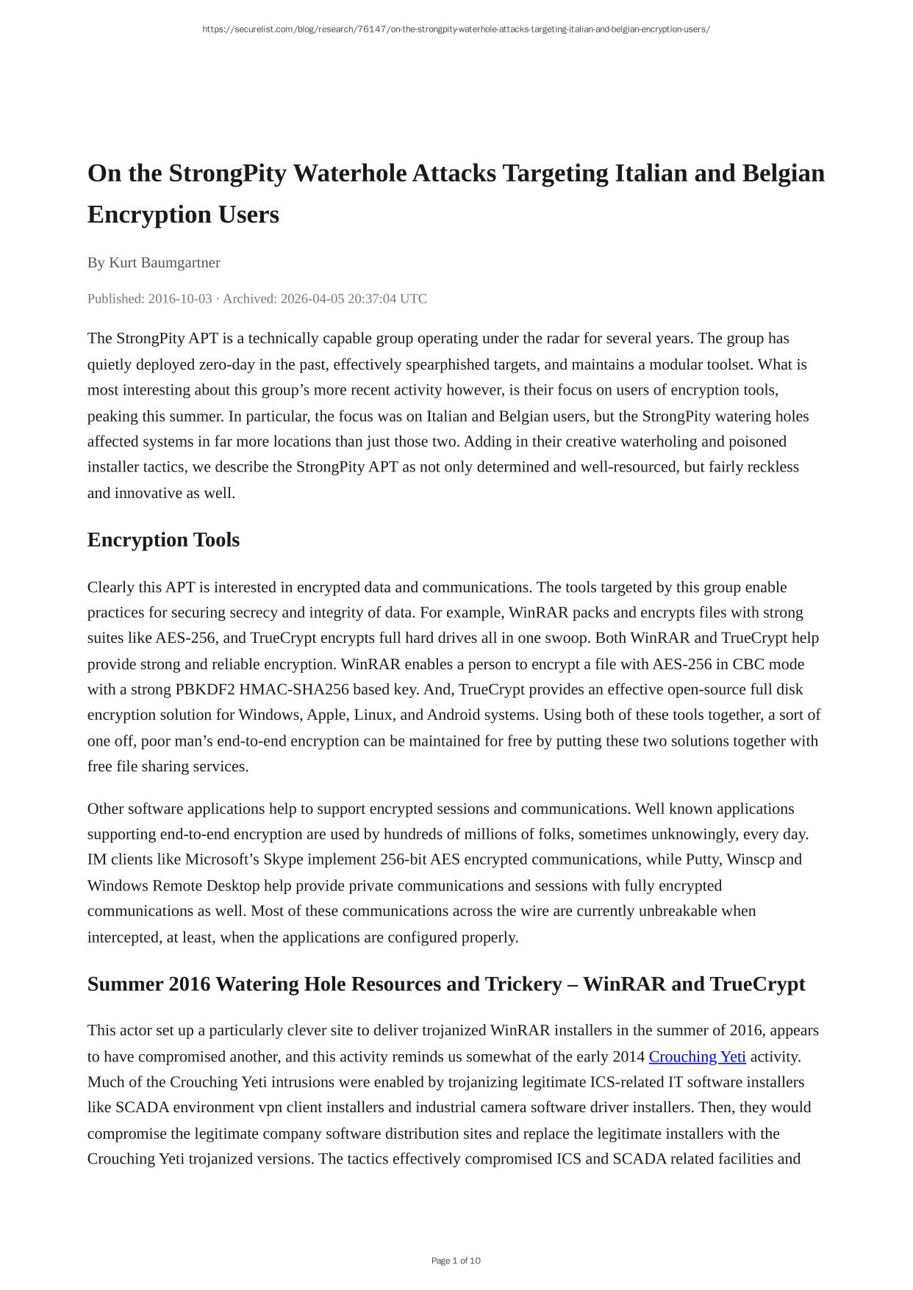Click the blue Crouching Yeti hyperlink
[x=696, y=1056]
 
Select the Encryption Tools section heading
[x=163, y=540]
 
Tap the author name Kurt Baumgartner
[x=164, y=262]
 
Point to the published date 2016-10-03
[x=179, y=299]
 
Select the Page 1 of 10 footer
[x=456, y=1261]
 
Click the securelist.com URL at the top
[x=456, y=29]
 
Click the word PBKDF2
[x=205, y=690]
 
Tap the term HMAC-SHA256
[x=294, y=690]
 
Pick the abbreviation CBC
[x=748, y=664]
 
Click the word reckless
[x=773, y=467]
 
